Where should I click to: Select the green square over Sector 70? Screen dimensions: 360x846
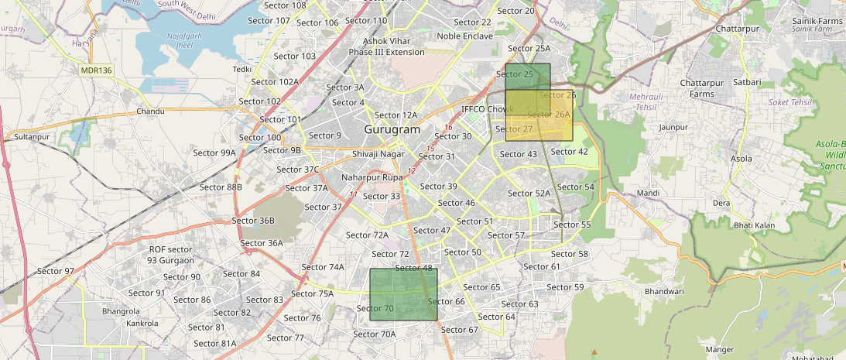coord(403,294)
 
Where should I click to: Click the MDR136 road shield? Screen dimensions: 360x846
coord(97,70)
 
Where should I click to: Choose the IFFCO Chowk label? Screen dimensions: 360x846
coord(488,109)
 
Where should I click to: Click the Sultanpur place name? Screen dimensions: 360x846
coord(32,136)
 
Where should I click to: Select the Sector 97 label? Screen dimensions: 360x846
coord(56,271)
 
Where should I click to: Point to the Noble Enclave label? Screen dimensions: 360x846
coord(464,36)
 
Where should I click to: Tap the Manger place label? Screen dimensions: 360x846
coord(720,350)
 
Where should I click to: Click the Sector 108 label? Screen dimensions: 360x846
coord(285,5)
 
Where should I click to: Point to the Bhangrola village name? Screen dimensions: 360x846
coord(121,311)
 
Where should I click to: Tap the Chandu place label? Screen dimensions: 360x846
coord(150,111)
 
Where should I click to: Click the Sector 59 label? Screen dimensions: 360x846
coord(565,287)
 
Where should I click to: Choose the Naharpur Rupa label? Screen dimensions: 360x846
coord(372,177)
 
